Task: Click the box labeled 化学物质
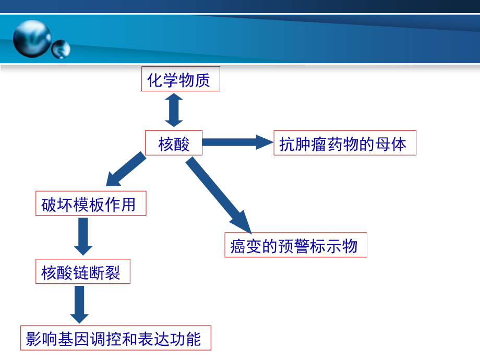tap(181, 79)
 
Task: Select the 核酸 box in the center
tap(173, 143)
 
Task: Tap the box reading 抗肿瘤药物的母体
tap(344, 143)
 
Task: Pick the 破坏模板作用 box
tap(90, 204)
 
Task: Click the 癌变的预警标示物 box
tap(296, 245)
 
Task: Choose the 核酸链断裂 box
tap(82, 272)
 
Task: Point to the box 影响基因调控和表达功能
tap(116, 338)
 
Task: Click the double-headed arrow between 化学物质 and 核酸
tap(174, 110)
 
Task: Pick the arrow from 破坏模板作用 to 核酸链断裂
tap(83, 236)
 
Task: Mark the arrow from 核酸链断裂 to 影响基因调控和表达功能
tap(79, 305)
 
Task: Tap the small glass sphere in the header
tap(61, 49)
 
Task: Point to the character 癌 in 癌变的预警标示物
tap(238, 246)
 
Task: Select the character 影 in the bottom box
tap(34, 339)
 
